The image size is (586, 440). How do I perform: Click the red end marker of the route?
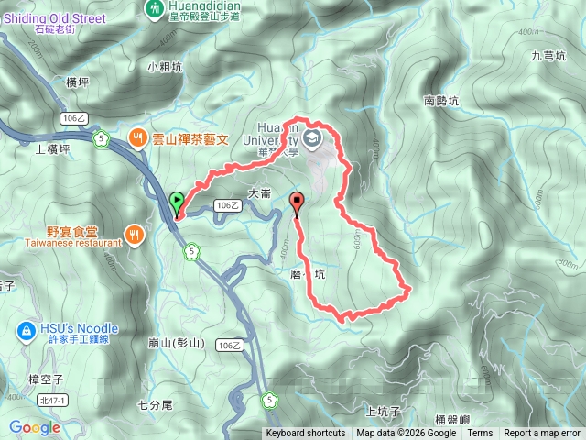[x=296, y=203]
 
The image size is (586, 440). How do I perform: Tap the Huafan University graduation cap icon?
[x=313, y=138]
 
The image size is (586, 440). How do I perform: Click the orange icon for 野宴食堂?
[x=136, y=235]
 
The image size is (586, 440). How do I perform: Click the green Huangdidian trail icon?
[x=153, y=8]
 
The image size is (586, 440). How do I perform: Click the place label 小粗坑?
[x=165, y=66]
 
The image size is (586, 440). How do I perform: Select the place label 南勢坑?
[x=443, y=101]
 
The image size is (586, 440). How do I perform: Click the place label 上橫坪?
[x=52, y=148]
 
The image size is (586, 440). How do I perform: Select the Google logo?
[x=34, y=427]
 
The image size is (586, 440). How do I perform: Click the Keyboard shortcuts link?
[x=306, y=434]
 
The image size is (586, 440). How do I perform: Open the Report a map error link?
[x=542, y=434]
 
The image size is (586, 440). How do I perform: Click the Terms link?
[x=480, y=434]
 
